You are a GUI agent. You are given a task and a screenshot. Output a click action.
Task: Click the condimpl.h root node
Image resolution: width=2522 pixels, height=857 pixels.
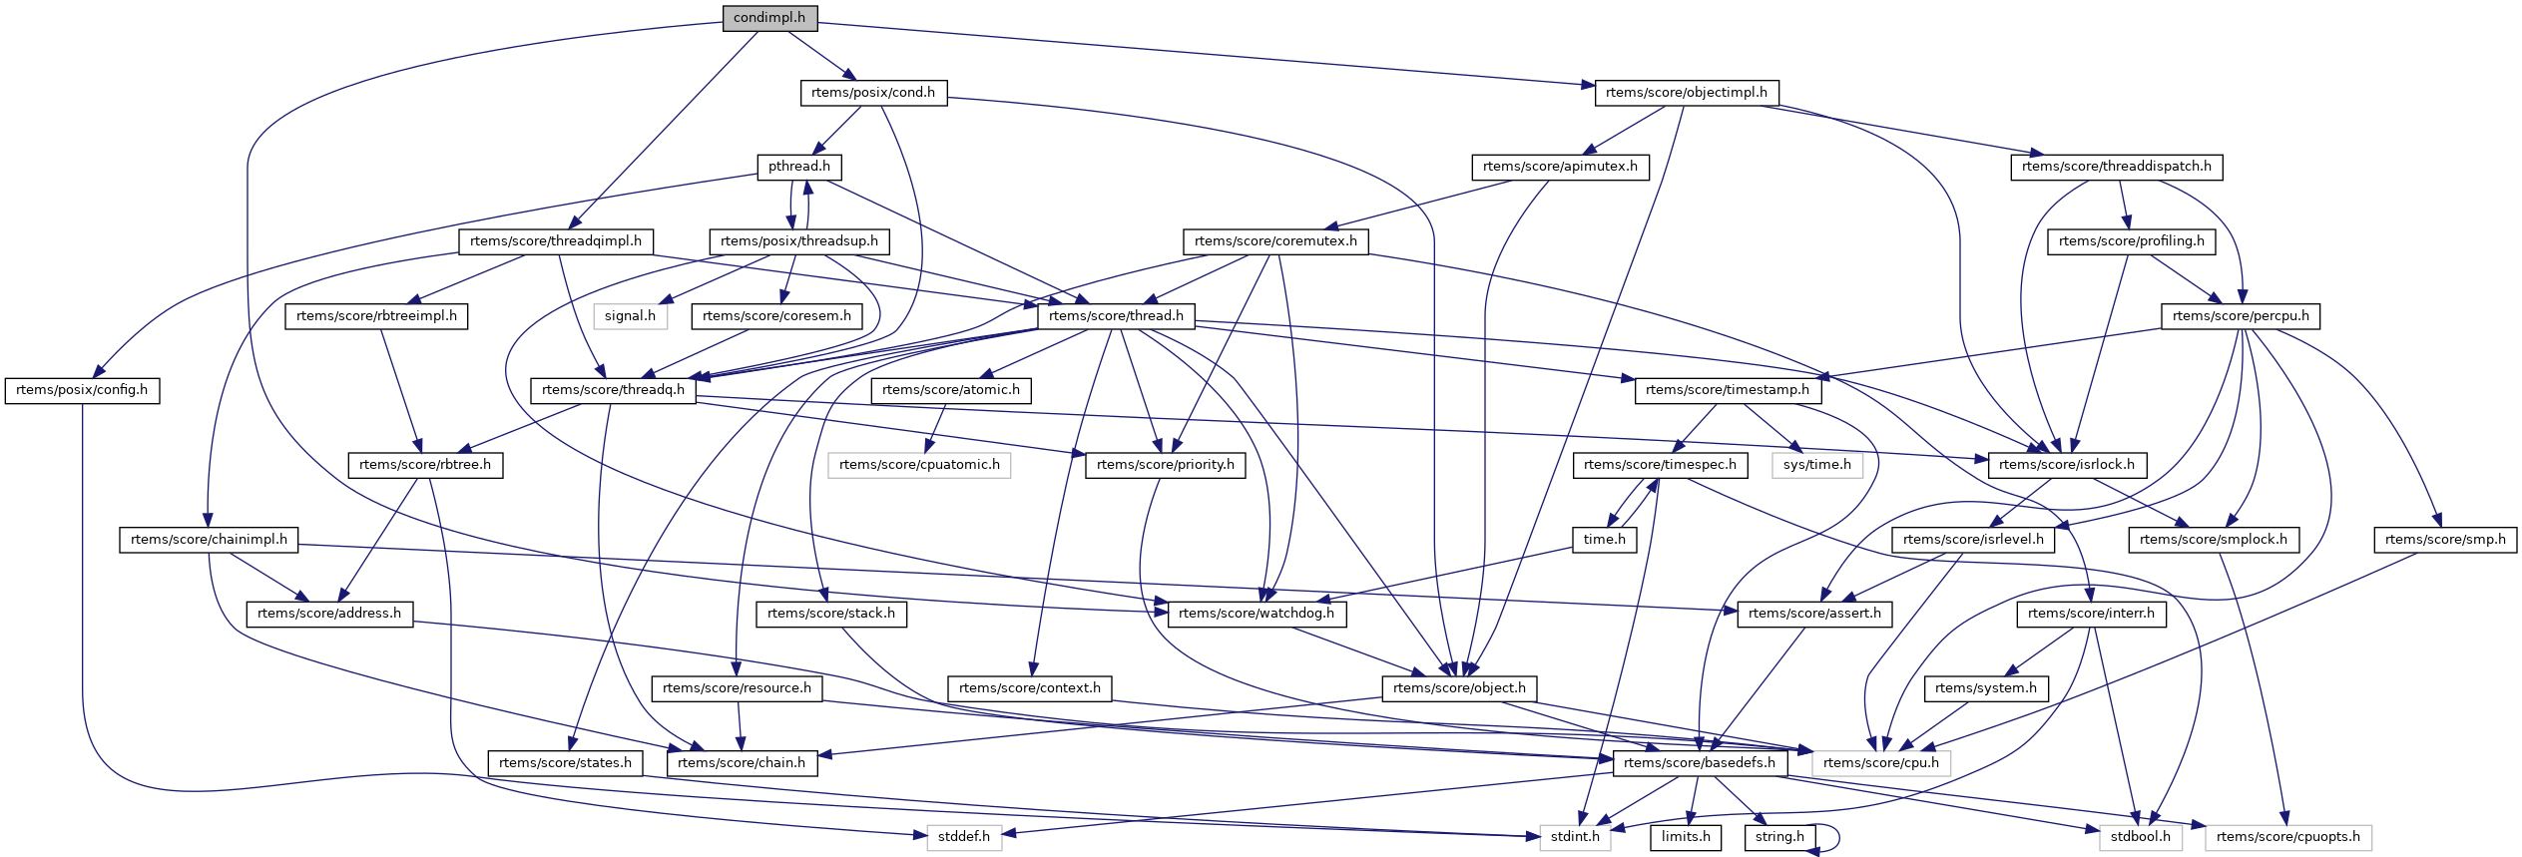768,18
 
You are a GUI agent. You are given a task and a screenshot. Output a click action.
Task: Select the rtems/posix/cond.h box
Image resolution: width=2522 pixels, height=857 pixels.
873,93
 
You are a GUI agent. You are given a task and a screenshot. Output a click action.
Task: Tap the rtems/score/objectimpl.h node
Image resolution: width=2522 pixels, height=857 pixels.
1686,93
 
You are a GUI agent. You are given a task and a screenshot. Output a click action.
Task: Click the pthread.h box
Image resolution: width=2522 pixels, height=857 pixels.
799,167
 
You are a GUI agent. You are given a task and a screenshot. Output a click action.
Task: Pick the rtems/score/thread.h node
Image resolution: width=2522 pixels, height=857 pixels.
1116,316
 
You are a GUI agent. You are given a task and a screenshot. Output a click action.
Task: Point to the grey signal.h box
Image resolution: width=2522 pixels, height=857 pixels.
630,316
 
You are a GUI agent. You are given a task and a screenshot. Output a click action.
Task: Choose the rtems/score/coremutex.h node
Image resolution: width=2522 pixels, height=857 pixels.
1275,241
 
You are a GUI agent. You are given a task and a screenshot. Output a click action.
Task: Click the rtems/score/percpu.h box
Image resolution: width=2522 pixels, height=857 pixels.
2241,316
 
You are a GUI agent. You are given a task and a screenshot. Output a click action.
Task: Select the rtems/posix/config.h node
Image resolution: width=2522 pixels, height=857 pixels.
82,390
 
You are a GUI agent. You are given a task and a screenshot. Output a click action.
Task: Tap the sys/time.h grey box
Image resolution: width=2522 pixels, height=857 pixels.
1816,465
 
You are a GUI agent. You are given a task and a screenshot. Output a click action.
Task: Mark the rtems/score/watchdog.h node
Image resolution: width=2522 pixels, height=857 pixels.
1257,614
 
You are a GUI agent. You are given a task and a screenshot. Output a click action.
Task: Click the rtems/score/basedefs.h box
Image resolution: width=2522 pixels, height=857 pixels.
1699,763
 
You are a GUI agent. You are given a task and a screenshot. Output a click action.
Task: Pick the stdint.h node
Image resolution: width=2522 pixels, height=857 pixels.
1575,837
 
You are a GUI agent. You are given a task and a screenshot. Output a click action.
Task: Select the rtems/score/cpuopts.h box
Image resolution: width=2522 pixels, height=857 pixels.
2288,837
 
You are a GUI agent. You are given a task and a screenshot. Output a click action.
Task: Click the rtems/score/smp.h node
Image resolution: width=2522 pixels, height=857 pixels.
2445,540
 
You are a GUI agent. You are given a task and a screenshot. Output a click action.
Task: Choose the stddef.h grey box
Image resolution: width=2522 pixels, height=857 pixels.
964,837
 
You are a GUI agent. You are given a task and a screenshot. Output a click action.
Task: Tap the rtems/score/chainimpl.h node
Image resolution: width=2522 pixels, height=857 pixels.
209,540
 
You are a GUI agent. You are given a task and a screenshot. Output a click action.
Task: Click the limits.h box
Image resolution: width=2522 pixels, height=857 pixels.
1686,837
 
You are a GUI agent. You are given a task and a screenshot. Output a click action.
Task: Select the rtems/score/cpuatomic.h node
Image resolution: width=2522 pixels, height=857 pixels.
919,465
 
